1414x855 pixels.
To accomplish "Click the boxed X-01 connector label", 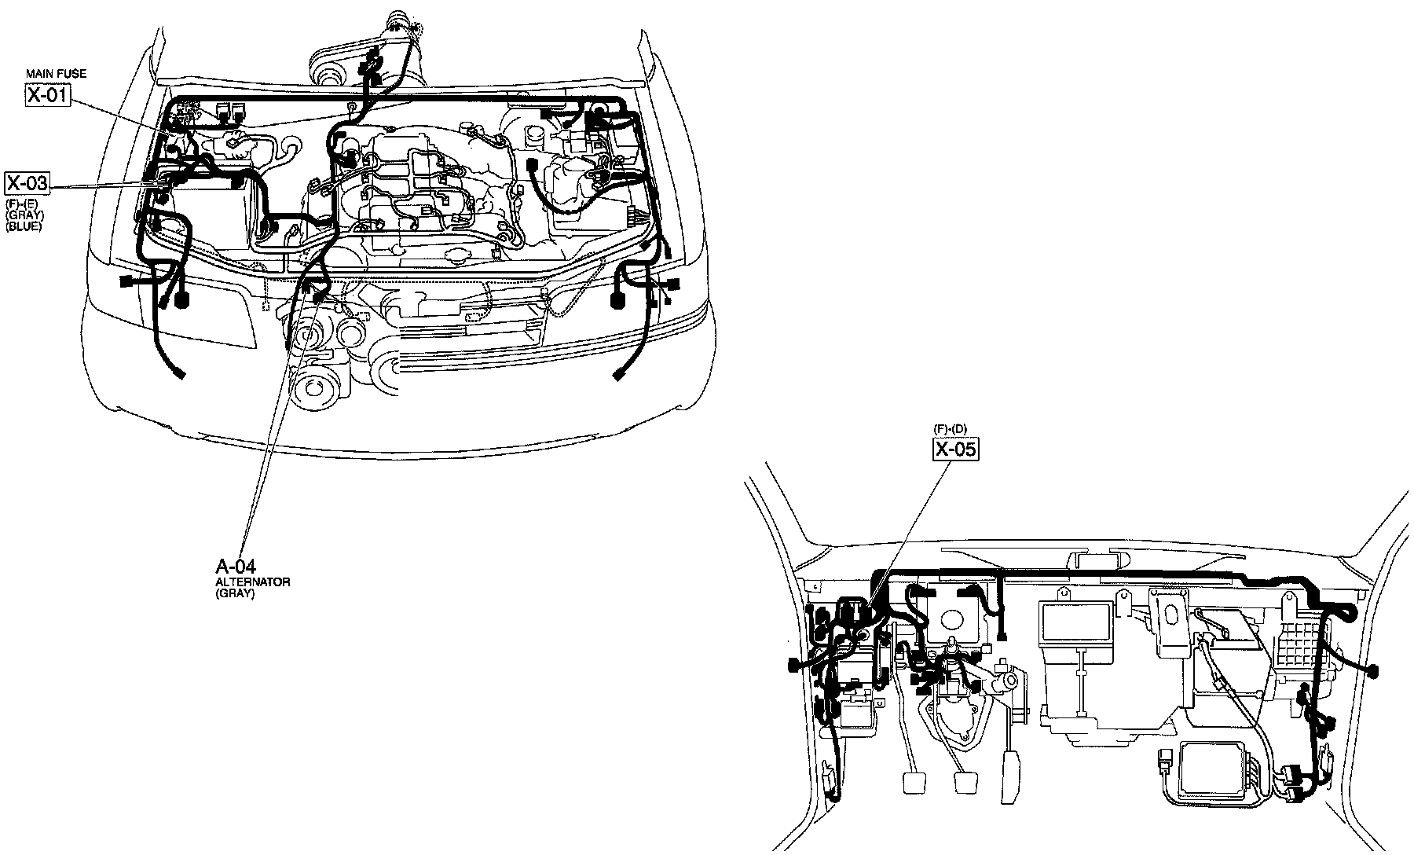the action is [48, 97].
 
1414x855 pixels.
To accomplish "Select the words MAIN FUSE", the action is [55, 74].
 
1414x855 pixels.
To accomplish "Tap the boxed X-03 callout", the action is [27, 184].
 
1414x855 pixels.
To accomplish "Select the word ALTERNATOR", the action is [253, 582].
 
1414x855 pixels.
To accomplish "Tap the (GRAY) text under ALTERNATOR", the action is [235, 594].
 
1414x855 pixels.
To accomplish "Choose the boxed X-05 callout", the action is [956, 450].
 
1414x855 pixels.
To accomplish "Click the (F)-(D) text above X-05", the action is [950, 428].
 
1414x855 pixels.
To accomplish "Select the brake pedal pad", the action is [965, 783].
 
